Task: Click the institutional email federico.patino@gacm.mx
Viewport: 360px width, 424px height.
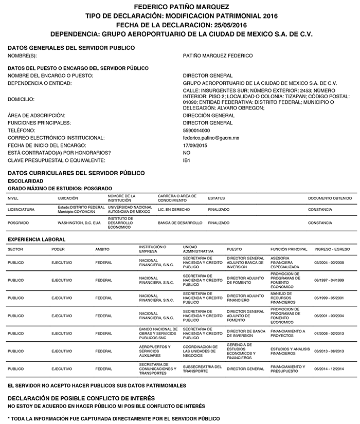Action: [211, 138]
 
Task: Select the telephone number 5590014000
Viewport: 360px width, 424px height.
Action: [196, 131]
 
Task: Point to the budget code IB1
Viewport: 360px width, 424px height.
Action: [187, 160]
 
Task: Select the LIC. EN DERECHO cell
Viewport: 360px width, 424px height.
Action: [174, 210]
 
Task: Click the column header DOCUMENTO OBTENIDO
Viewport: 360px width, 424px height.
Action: [330, 198]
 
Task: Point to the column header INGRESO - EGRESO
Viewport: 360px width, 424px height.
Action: [332, 249]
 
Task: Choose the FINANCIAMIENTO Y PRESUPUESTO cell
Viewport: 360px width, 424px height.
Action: [287, 368]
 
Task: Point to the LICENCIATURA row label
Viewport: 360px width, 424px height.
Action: [21, 210]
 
